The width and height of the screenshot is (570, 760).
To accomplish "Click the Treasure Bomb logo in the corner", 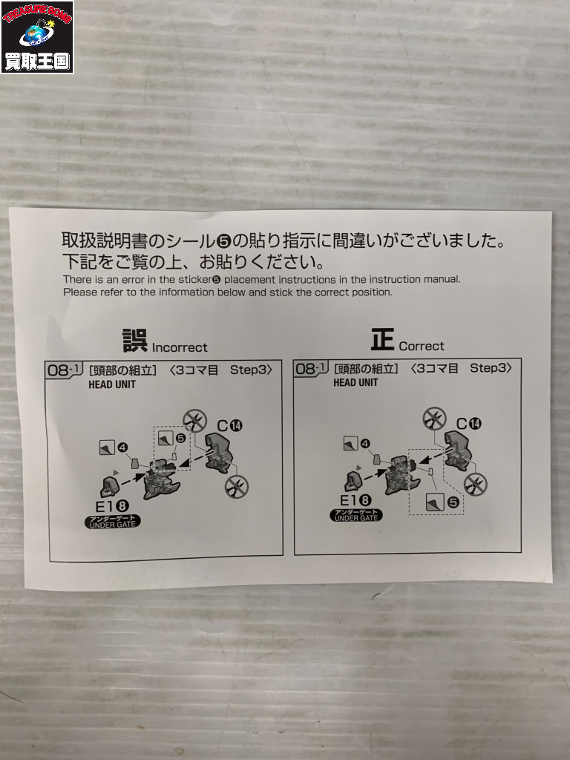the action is pyautogui.click(x=37, y=37).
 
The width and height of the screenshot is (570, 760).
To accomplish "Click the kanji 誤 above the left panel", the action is pyautogui.click(x=135, y=341).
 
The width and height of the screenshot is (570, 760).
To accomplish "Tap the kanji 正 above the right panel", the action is pyautogui.click(x=382, y=339).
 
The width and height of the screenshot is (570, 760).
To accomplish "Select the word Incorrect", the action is pyautogui.click(x=180, y=347).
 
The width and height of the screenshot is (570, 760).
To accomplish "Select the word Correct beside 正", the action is pyautogui.click(x=422, y=346).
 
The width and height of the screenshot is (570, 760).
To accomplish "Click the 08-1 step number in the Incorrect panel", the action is pyautogui.click(x=64, y=370).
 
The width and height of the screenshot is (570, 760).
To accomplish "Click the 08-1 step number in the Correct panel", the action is pyautogui.click(x=311, y=368).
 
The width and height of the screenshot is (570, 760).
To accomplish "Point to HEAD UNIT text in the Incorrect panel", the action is pyautogui.click(x=112, y=385).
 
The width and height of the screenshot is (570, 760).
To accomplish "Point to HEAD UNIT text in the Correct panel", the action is pyautogui.click(x=356, y=382).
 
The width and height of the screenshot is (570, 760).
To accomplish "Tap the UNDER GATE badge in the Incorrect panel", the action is pyautogui.click(x=113, y=522).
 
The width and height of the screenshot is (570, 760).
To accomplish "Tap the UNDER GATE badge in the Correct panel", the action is pyautogui.click(x=356, y=515).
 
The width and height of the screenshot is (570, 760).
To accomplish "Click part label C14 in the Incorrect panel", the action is pyautogui.click(x=230, y=425).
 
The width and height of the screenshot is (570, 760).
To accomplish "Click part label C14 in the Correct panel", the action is pyautogui.click(x=468, y=424).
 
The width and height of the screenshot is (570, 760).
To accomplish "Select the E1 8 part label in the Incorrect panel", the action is pyautogui.click(x=111, y=506).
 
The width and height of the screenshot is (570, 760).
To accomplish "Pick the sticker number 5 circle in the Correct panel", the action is pyautogui.click(x=453, y=502).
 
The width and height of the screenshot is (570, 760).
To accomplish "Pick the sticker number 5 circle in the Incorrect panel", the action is pyautogui.click(x=180, y=438).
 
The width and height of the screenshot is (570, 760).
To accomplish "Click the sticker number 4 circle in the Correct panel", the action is pyautogui.click(x=365, y=443).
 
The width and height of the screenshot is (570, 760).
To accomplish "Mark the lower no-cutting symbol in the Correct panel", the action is pyautogui.click(x=476, y=484).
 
